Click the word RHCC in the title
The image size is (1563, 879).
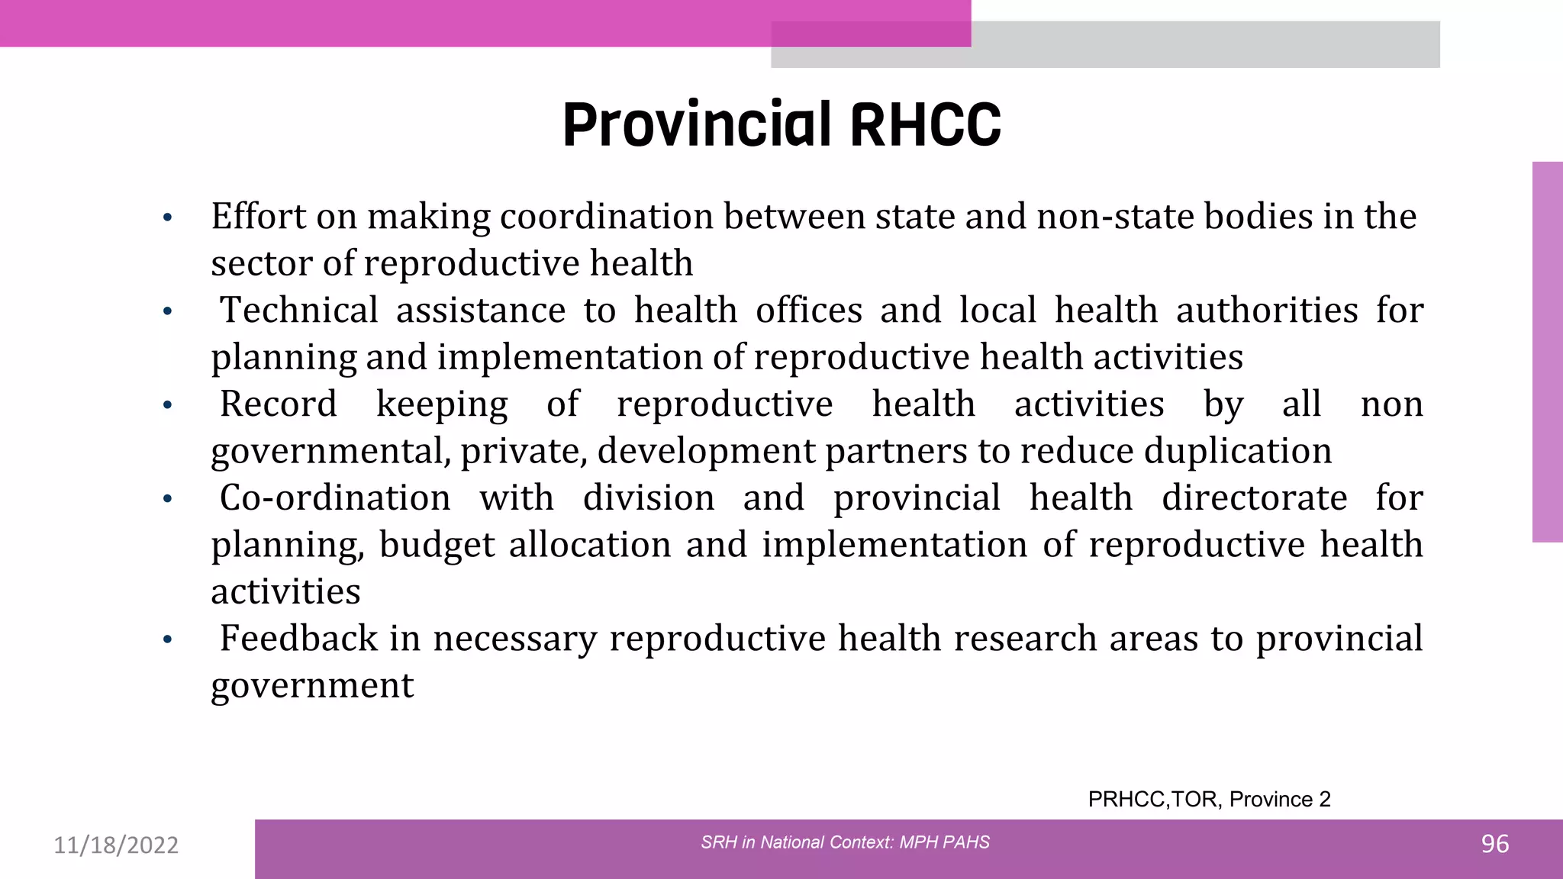pyautogui.click(x=924, y=125)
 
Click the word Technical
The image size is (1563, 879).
pyautogui.click(x=299, y=311)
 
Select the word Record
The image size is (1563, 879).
pyautogui.click(x=278, y=404)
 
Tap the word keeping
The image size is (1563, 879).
pyautogui.click(x=442, y=404)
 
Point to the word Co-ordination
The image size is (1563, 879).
pyautogui.click(x=335, y=498)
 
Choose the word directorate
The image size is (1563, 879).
pyautogui.click(x=1254, y=498)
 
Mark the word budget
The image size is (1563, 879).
pyautogui.click(x=437, y=545)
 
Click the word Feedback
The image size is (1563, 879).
pyautogui.click(x=298, y=639)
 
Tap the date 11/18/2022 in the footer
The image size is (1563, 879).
pyautogui.click(x=116, y=845)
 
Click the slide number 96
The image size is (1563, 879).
pyautogui.click(x=1494, y=844)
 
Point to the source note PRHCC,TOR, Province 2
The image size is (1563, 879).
pyautogui.click(x=1209, y=799)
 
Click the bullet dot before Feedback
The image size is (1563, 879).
pyautogui.click(x=168, y=639)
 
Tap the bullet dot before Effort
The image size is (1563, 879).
pyautogui.click(x=168, y=218)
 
